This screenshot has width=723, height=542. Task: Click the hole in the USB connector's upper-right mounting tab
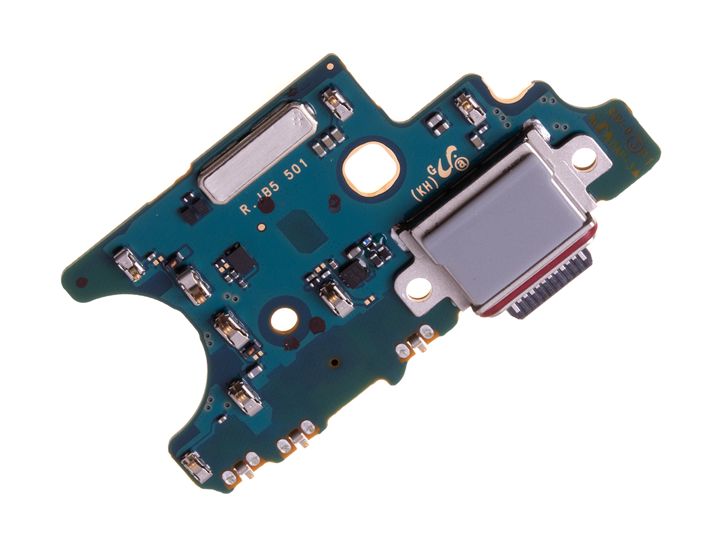click(585, 160)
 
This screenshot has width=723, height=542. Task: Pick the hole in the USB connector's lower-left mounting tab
click(419, 290)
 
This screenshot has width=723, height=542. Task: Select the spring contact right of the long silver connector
click(337, 103)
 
